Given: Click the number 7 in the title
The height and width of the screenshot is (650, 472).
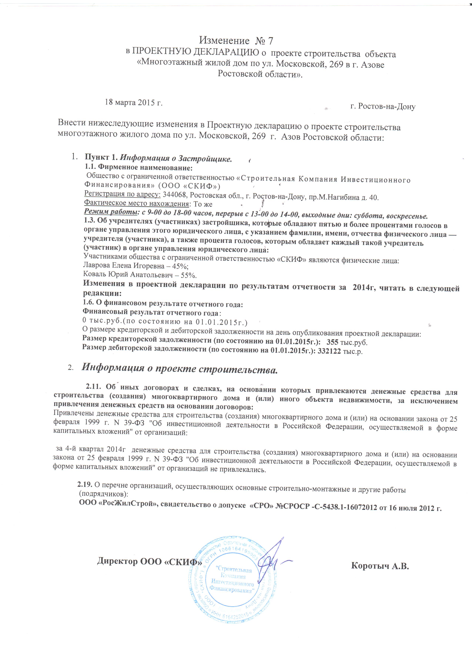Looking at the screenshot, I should pyautogui.click(x=270, y=41).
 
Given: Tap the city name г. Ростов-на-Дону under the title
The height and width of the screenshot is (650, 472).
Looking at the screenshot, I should pyautogui.click(x=383, y=107).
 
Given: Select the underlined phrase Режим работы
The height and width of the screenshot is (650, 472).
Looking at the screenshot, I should pyautogui.click(x=110, y=212).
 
